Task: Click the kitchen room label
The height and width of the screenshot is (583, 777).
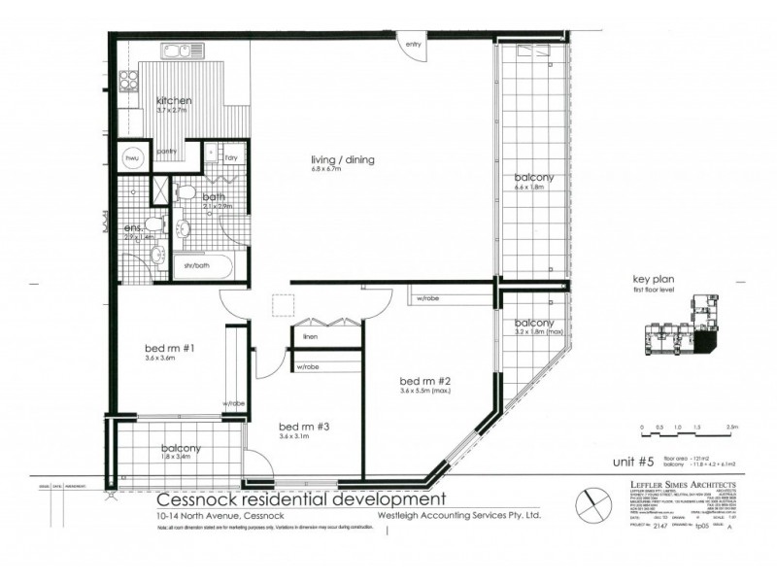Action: (x=174, y=101)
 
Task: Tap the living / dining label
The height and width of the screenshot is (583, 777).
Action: (x=343, y=160)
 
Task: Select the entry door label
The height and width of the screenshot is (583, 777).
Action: (x=414, y=44)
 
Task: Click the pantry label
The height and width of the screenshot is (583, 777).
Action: (x=166, y=151)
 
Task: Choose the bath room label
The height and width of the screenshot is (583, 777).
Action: (x=214, y=196)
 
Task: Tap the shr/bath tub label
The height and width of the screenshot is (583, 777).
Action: (x=197, y=264)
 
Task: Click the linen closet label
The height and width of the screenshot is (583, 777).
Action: (x=311, y=336)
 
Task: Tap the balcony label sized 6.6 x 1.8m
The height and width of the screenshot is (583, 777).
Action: (x=534, y=178)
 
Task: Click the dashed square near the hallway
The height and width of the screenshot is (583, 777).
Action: (x=284, y=306)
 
